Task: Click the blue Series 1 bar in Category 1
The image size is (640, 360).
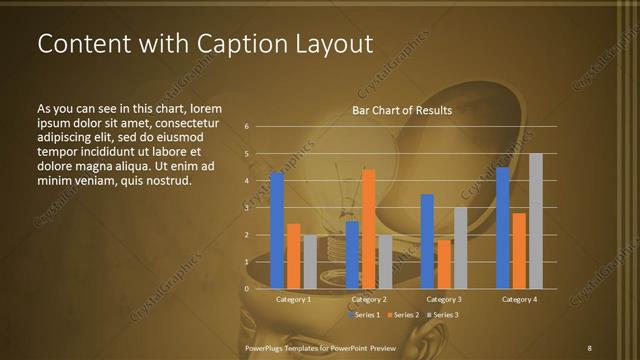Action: [277, 230]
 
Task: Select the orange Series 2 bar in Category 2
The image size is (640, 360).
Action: [368, 229]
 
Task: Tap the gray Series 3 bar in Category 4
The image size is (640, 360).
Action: [535, 221]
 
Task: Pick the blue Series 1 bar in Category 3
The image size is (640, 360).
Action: [427, 241]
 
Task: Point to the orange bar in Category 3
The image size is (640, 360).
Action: [443, 264]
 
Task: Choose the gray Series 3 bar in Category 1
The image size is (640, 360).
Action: [310, 262]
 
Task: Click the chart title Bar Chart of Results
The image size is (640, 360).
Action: [402, 111]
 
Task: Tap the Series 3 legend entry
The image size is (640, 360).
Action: [443, 315]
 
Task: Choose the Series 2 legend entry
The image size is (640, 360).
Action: [404, 315]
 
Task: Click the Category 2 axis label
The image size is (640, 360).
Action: [369, 299]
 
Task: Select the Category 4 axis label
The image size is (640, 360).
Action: [519, 299]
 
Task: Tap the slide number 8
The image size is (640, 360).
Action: [589, 347]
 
